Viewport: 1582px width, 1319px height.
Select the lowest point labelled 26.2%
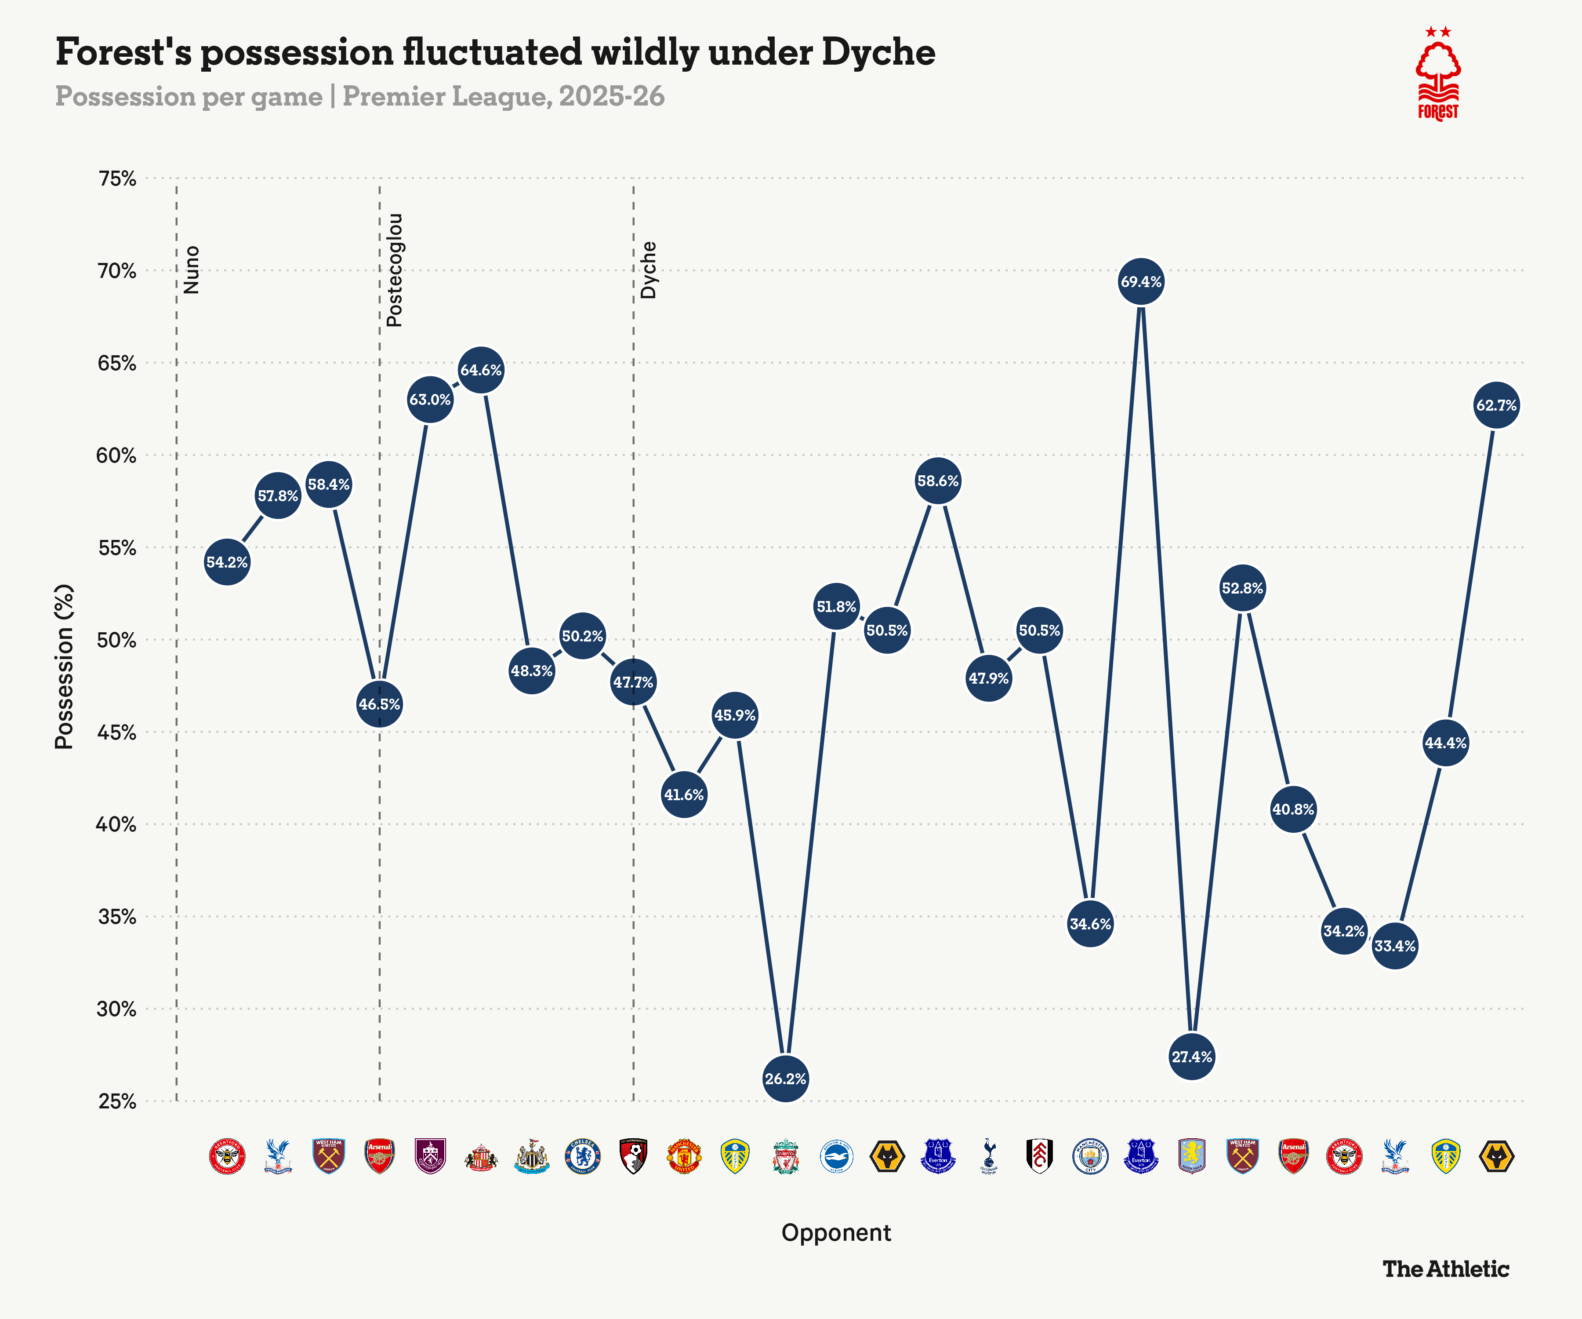coord(785,1079)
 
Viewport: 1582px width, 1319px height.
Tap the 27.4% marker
coord(1191,1057)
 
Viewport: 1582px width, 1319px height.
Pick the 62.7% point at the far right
coord(1496,405)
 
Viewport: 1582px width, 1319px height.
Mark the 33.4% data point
coord(1394,946)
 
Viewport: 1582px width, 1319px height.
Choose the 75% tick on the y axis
coord(117,179)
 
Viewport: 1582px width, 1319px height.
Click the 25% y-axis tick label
coord(117,1101)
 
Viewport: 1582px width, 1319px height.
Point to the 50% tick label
coord(117,640)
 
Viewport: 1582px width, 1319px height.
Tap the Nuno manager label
coord(192,270)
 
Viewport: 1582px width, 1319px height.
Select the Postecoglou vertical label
coord(394,270)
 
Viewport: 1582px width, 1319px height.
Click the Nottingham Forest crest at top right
coord(1438,75)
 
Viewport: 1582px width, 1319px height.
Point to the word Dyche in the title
coord(878,53)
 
